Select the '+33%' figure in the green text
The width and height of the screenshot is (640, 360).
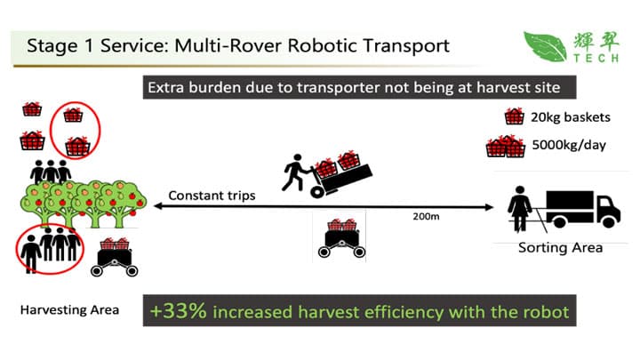(178, 312)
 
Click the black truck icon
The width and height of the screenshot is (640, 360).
(581, 206)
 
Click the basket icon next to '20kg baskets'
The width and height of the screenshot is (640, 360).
(513, 116)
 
